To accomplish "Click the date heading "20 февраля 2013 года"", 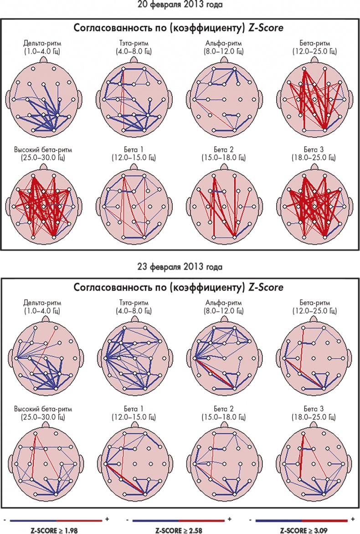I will [180, 5].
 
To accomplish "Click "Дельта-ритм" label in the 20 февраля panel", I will [41, 44].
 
